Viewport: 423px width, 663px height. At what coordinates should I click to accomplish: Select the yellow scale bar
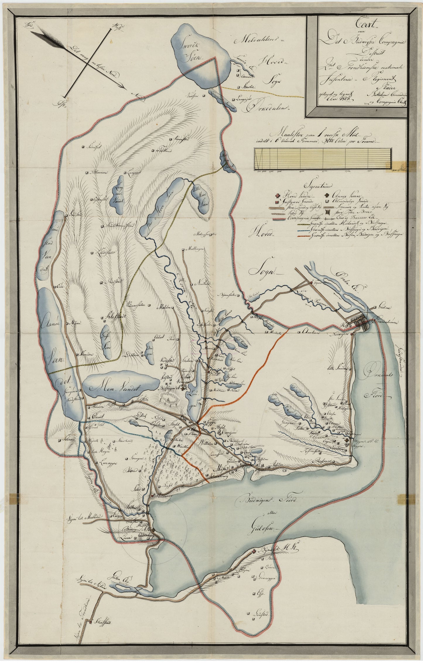322,159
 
